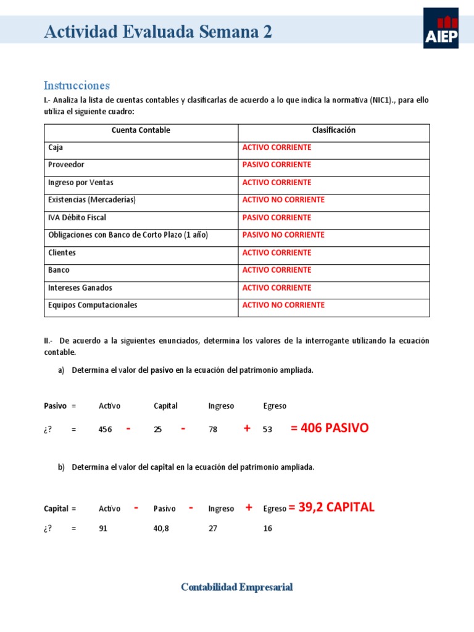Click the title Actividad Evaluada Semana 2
pos(157,32)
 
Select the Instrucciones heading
pos(77,85)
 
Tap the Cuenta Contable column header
pos(141,130)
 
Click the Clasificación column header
pos(334,130)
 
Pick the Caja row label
pos(56,148)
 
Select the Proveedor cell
pos(66,165)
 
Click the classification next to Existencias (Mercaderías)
pos(283,200)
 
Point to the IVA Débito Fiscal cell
pos(77,218)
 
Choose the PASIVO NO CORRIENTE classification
pos(283,235)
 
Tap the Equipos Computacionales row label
pos(93,305)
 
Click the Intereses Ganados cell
pos(80,288)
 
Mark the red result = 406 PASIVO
pos(329,428)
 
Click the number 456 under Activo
pos(105,430)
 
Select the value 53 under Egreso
pos(267,430)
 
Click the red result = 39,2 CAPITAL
pos(331,507)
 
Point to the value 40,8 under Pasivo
pos(162,528)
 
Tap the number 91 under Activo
pos(103,528)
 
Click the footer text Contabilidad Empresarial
pos(237,587)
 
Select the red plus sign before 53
pos(247,428)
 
